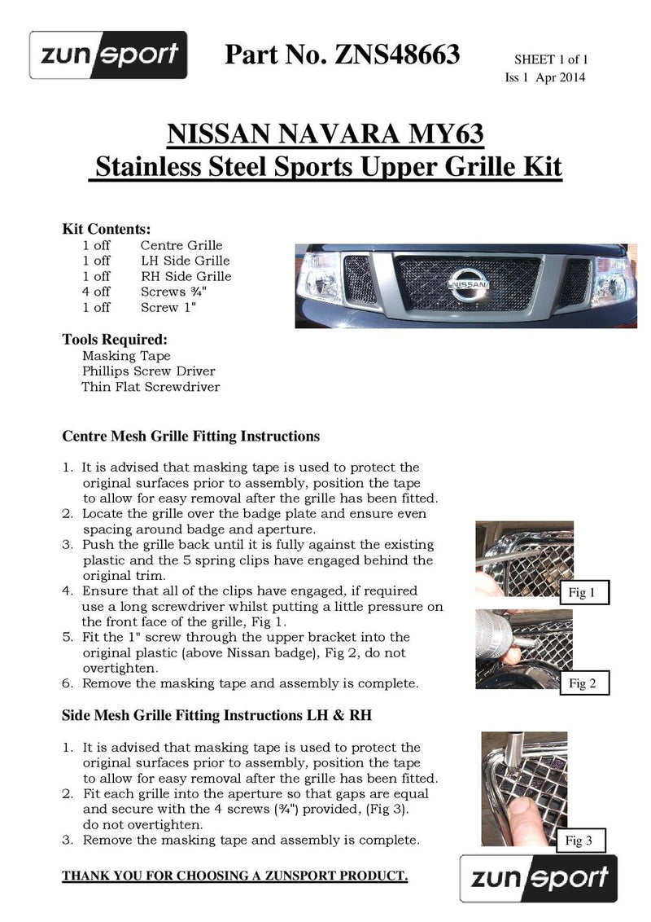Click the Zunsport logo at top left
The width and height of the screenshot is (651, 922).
point(108,55)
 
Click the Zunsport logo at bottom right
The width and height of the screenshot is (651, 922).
point(539,878)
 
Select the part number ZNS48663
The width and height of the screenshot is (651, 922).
point(343,55)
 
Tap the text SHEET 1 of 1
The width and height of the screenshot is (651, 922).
point(550,59)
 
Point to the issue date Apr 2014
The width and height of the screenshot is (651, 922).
point(560,77)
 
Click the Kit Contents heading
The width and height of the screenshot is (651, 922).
point(107,229)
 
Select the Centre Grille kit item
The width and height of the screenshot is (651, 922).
point(181,245)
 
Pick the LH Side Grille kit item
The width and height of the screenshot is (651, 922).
point(185,261)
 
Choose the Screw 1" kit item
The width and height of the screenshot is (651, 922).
point(168,307)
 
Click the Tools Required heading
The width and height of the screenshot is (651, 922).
point(115,339)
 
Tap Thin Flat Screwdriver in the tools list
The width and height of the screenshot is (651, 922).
point(151,387)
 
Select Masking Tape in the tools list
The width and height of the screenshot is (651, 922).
point(126,356)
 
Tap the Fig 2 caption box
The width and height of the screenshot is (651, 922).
point(583,683)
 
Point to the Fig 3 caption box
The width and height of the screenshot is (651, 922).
point(579,841)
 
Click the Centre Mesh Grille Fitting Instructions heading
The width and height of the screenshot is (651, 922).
point(190,436)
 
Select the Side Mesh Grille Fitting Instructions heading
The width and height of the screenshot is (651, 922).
point(217,715)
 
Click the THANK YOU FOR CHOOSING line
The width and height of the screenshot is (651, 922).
point(235,876)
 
